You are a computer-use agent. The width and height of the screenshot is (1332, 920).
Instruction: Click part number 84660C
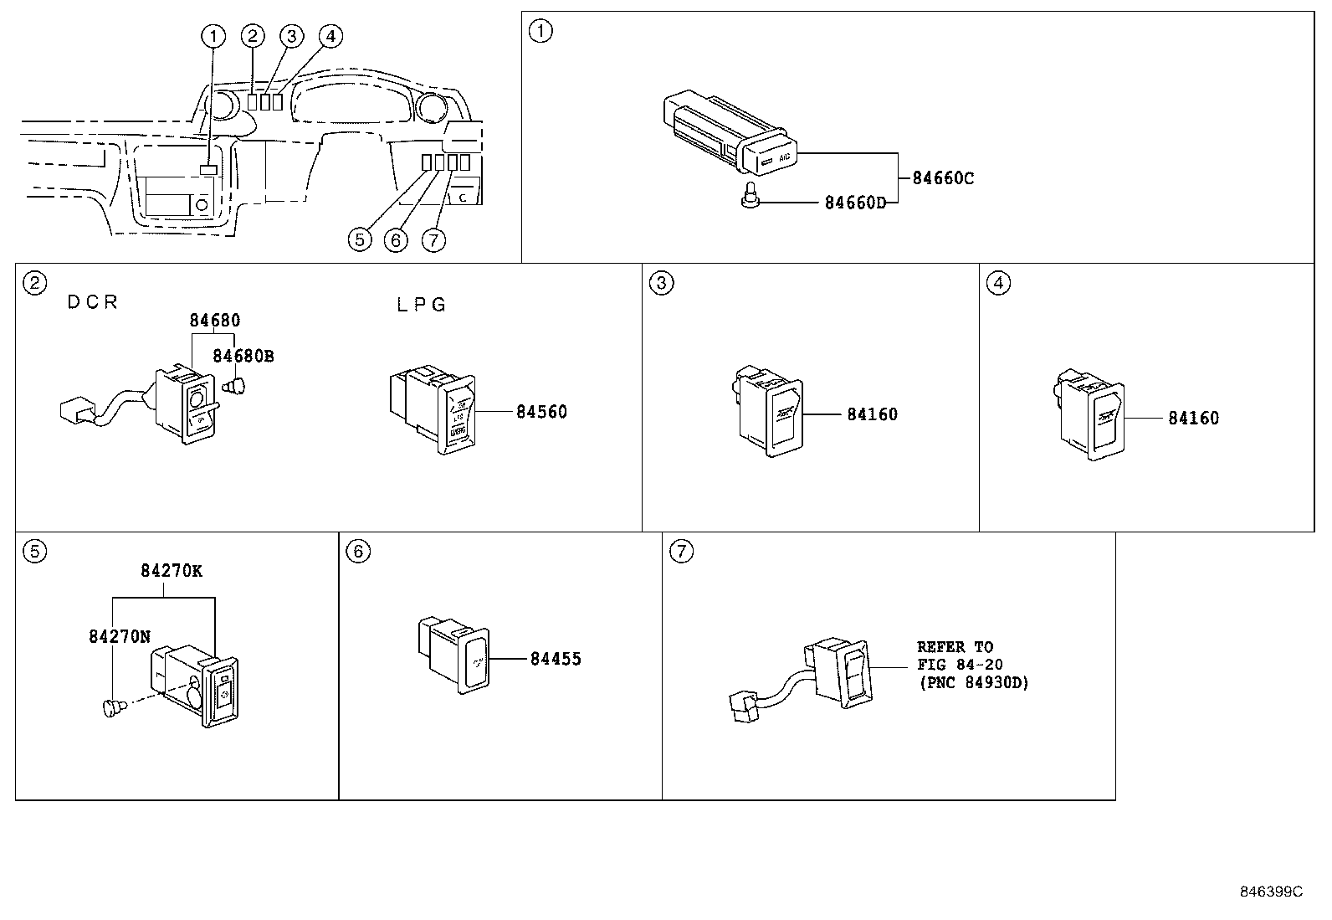[x=942, y=178]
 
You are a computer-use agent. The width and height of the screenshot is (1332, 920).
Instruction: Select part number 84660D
[x=854, y=203]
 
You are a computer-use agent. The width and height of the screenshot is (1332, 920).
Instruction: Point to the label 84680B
[x=243, y=356]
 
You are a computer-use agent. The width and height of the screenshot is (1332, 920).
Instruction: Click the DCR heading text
[x=92, y=303]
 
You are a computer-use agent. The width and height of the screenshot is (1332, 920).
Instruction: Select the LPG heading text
[x=421, y=305]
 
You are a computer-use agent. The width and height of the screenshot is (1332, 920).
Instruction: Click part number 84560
[x=541, y=412]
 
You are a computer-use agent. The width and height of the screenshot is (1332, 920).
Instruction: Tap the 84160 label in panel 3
[x=872, y=414]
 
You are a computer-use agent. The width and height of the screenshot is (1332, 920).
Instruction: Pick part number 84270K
[x=171, y=572]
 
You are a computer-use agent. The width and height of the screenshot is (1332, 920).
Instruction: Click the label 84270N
[x=119, y=636]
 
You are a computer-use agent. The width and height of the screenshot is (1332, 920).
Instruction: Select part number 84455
[x=556, y=659]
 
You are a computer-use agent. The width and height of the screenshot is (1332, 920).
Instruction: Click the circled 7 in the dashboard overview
[x=432, y=240]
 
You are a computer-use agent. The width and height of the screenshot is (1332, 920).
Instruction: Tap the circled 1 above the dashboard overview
[x=214, y=35]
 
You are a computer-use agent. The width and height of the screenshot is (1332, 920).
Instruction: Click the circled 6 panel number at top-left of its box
[x=357, y=552]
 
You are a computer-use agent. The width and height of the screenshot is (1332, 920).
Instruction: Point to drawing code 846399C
[x=1270, y=892]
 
